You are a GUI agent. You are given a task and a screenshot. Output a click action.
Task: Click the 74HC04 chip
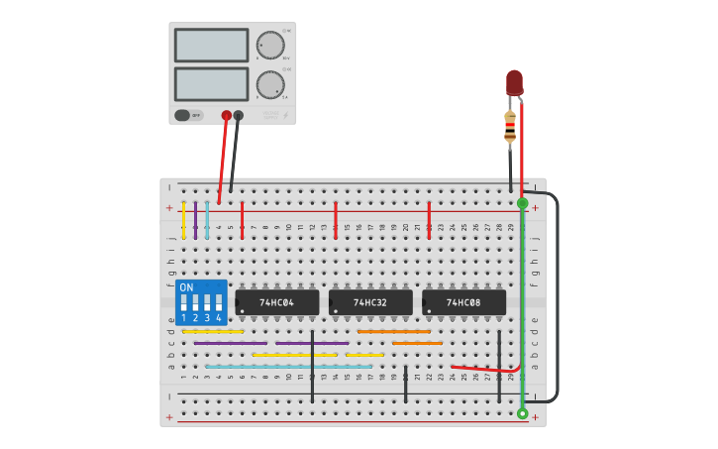(x=277, y=302)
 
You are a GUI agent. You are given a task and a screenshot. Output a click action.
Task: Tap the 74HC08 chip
(x=463, y=302)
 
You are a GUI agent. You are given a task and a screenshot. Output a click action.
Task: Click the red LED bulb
(x=514, y=81)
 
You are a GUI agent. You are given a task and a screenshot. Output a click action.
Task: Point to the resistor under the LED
(x=510, y=127)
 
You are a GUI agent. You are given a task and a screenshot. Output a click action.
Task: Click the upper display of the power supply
(x=211, y=45)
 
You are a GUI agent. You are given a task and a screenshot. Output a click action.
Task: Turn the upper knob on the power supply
(x=269, y=45)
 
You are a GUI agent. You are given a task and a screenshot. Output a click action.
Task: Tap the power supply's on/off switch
(x=182, y=115)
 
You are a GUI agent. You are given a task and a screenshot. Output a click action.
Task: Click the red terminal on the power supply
(x=227, y=116)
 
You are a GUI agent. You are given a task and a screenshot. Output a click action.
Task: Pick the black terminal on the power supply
(x=239, y=116)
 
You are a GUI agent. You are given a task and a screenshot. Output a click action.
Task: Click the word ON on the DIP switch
(x=186, y=287)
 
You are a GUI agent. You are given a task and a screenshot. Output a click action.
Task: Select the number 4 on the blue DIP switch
(x=220, y=318)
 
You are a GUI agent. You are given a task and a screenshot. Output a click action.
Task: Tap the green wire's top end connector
(x=522, y=203)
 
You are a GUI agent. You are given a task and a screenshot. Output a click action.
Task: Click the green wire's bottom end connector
(x=522, y=413)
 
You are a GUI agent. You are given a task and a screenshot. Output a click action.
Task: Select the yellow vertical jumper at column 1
(x=183, y=220)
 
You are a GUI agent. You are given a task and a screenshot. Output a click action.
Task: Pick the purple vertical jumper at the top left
(x=195, y=220)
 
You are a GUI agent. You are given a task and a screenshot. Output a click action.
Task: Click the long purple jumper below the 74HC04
(x=312, y=343)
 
